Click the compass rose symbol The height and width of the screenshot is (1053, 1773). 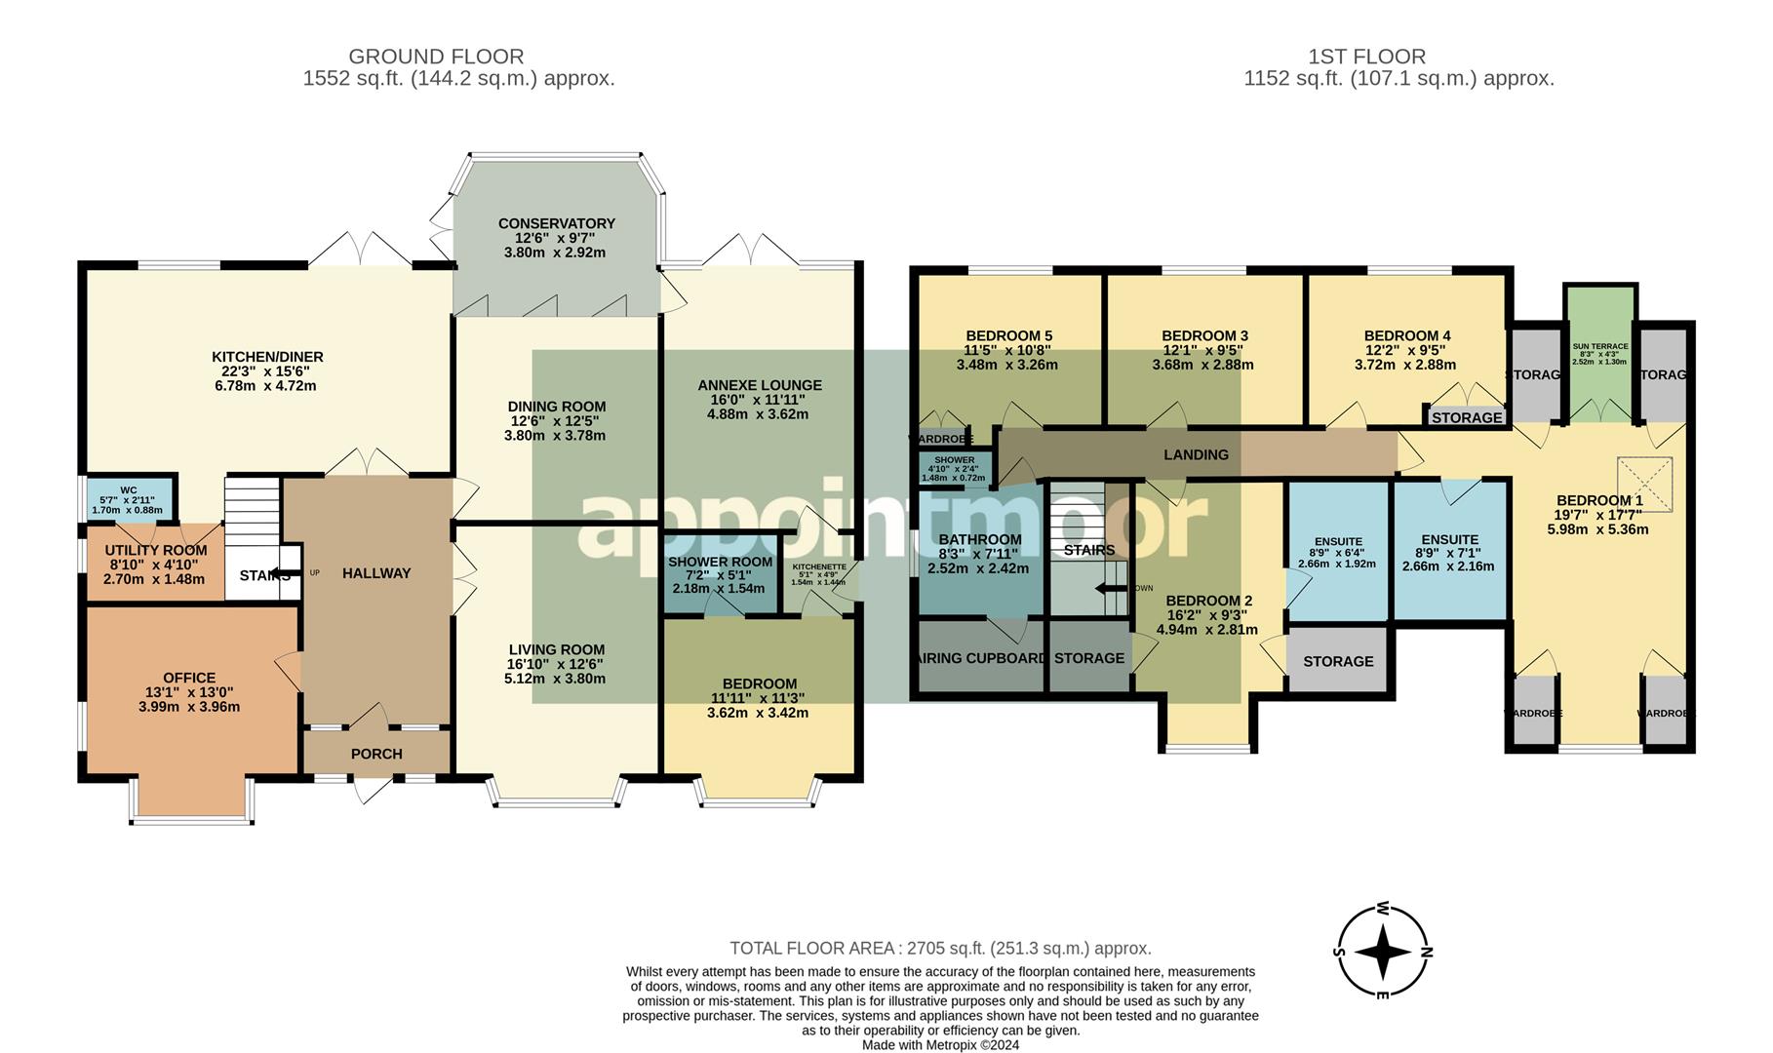1382,952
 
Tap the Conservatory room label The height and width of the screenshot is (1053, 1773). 556,223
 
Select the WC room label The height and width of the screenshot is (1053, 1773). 128,490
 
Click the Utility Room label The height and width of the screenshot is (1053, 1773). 156,550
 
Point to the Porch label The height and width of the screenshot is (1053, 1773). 376,754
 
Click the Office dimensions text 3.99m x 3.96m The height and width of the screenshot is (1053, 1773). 189,707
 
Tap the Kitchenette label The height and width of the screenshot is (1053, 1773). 819,566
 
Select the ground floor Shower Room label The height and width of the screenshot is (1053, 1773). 720,562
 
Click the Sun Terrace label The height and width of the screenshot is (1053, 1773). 1599,346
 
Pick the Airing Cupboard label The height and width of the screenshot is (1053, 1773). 981,658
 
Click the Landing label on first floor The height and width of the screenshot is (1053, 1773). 1196,454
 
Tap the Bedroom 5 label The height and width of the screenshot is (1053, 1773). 1008,335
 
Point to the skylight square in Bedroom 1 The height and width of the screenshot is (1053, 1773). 1644,485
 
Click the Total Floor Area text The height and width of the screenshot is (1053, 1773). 940,948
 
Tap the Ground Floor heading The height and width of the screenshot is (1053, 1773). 436,57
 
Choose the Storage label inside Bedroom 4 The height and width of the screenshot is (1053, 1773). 1467,417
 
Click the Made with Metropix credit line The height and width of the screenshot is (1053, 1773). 940,1044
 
